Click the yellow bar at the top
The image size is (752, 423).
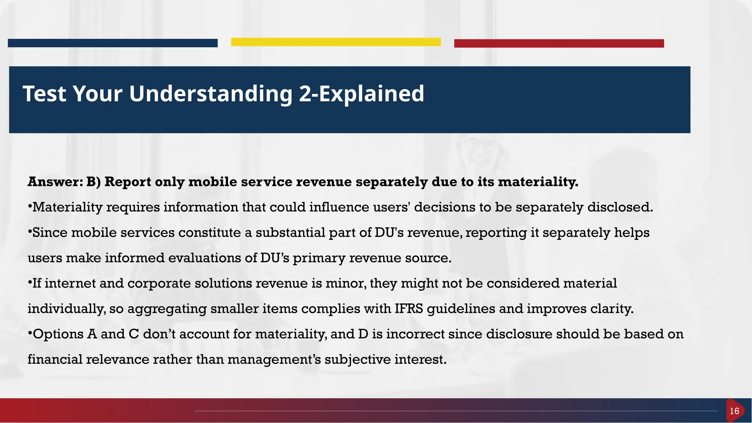pos(336,42)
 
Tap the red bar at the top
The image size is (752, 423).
pos(559,43)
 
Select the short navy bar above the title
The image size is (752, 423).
pos(112,43)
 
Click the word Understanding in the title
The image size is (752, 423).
pos(211,94)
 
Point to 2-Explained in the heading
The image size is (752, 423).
pos(361,94)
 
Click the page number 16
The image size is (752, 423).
pos(734,411)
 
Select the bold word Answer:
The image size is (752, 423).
pos(55,182)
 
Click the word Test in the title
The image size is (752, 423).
pos(44,94)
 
